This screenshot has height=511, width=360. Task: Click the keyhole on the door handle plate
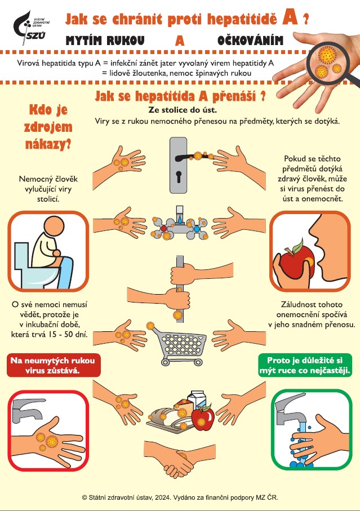tap(179, 176)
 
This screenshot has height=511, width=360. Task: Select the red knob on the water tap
tap(164, 229)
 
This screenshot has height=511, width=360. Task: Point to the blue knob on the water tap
tap(197, 229)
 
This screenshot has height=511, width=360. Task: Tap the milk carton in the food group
tap(198, 400)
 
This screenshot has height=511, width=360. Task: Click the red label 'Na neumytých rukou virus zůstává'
tap(53, 365)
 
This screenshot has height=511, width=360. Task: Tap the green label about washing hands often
tap(305, 365)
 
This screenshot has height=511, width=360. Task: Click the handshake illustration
tap(177, 458)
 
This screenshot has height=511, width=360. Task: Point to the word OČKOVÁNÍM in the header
tap(250, 41)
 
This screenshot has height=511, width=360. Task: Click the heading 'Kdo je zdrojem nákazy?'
tap(48, 127)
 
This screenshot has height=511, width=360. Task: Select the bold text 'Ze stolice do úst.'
tap(183, 110)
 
